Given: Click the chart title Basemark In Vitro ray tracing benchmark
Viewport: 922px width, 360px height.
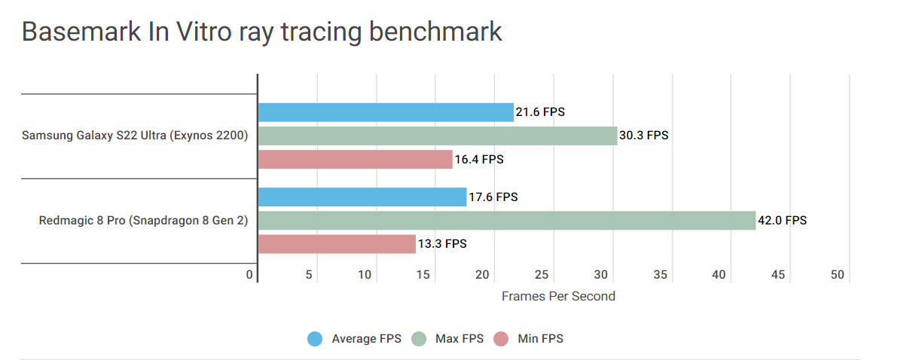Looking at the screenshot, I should pyautogui.click(x=261, y=32).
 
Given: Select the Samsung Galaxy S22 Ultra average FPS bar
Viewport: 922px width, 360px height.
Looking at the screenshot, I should pyautogui.click(x=386, y=112).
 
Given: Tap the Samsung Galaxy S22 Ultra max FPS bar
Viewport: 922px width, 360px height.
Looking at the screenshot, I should pyautogui.click(x=438, y=136).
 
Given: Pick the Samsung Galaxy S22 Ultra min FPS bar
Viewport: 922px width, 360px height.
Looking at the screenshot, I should pyautogui.click(x=355, y=159).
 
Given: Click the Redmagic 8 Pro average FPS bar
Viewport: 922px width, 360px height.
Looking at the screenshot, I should pyautogui.click(x=362, y=197).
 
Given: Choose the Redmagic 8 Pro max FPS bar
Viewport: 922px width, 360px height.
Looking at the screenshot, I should pyautogui.click(x=507, y=220).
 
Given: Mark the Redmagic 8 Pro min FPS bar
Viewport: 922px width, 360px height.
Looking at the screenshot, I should pyautogui.click(x=337, y=243).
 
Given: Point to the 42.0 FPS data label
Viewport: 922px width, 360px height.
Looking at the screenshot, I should pyautogui.click(x=783, y=221).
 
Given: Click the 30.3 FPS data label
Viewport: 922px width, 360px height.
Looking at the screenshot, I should pyautogui.click(x=644, y=136).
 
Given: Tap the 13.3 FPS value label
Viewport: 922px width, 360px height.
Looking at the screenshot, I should pyautogui.click(x=442, y=244).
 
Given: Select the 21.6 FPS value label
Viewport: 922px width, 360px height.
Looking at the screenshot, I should pyautogui.click(x=540, y=113).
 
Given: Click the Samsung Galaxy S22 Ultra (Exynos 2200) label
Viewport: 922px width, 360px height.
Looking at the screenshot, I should pyautogui.click(x=135, y=136).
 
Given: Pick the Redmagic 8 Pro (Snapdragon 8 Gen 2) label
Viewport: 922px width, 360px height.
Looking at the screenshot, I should pyautogui.click(x=143, y=221).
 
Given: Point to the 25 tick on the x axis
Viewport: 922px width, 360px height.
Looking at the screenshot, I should pyautogui.click(x=542, y=275).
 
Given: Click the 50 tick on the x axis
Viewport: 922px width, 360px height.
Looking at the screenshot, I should pyautogui.click(x=838, y=275).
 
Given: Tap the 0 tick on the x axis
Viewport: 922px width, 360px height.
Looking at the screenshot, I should pyautogui.click(x=250, y=275).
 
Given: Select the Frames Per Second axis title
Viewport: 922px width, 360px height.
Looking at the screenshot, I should pyautogui.click(x=558, y=296).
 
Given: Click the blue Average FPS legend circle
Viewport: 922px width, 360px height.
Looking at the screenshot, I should pyautogui.click(x=315, y=339).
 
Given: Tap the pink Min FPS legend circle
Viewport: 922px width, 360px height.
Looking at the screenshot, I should pyautogui.click(x=501, y=339).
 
